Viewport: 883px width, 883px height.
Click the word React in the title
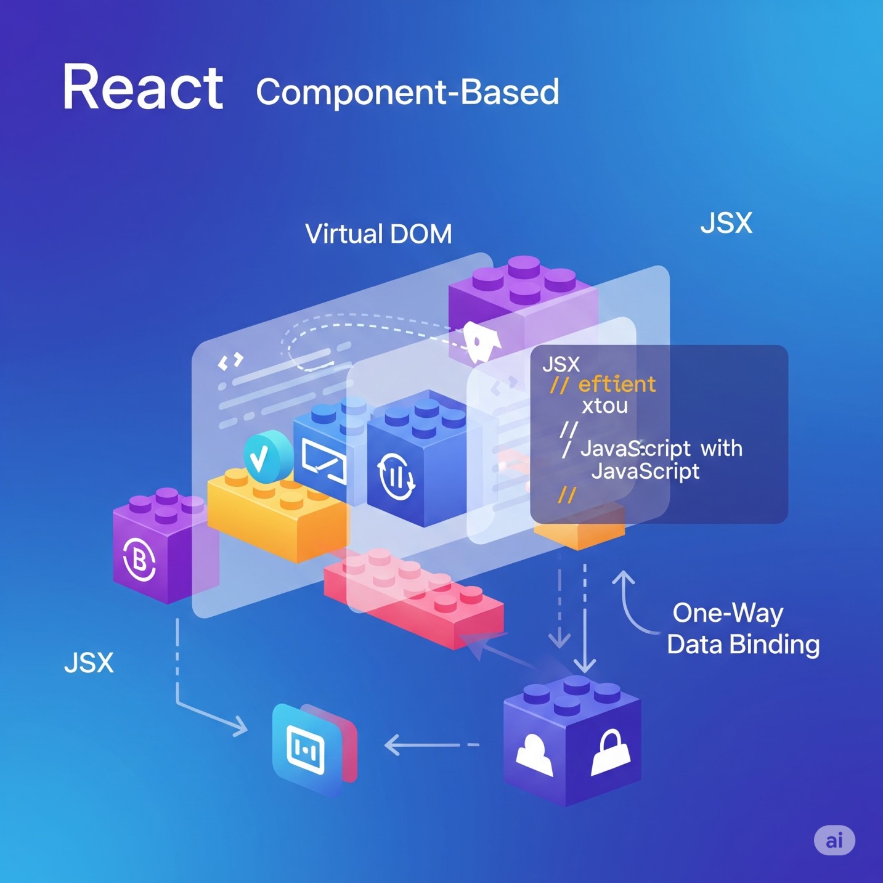click(142, 88)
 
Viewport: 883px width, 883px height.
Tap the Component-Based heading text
click(407, 92)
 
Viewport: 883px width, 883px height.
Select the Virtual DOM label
click(378, 234)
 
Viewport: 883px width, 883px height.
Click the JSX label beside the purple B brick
click(89, 663)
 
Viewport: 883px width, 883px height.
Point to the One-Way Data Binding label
click(743, 629)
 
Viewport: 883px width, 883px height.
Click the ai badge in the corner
click(834, 840)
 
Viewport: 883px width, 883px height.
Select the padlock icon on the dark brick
click(610, 752)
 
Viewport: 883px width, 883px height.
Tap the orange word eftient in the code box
click(616, 385)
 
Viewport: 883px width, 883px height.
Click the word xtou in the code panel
click(604, 406)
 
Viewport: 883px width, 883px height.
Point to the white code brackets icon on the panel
click(231, 361)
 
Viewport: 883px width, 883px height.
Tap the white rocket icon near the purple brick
click(481, 341)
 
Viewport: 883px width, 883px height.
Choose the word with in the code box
click(722, 449)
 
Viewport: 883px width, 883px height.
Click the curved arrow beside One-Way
click(631, 604)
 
